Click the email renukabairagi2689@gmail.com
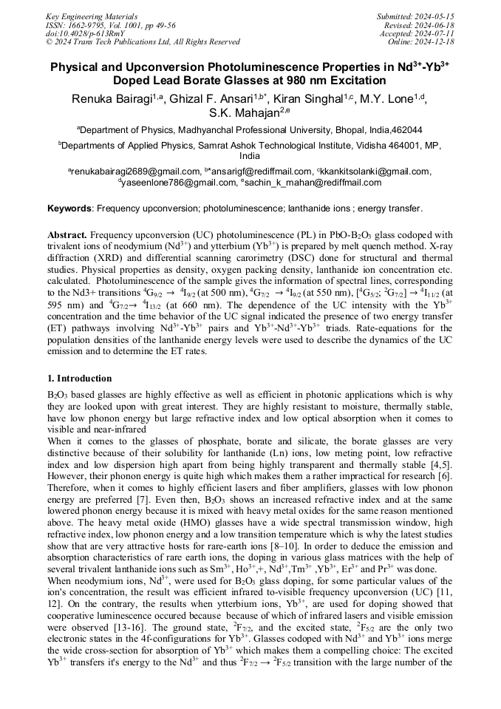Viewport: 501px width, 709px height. pyautogui.click(x=137, y=172)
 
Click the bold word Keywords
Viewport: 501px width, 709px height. pyautogui.click(x=70, y=209)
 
